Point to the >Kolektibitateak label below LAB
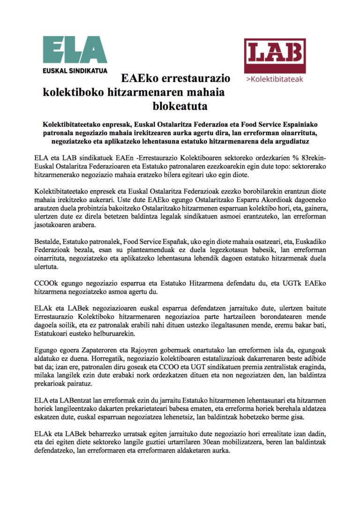275,79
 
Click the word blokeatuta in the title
180,107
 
